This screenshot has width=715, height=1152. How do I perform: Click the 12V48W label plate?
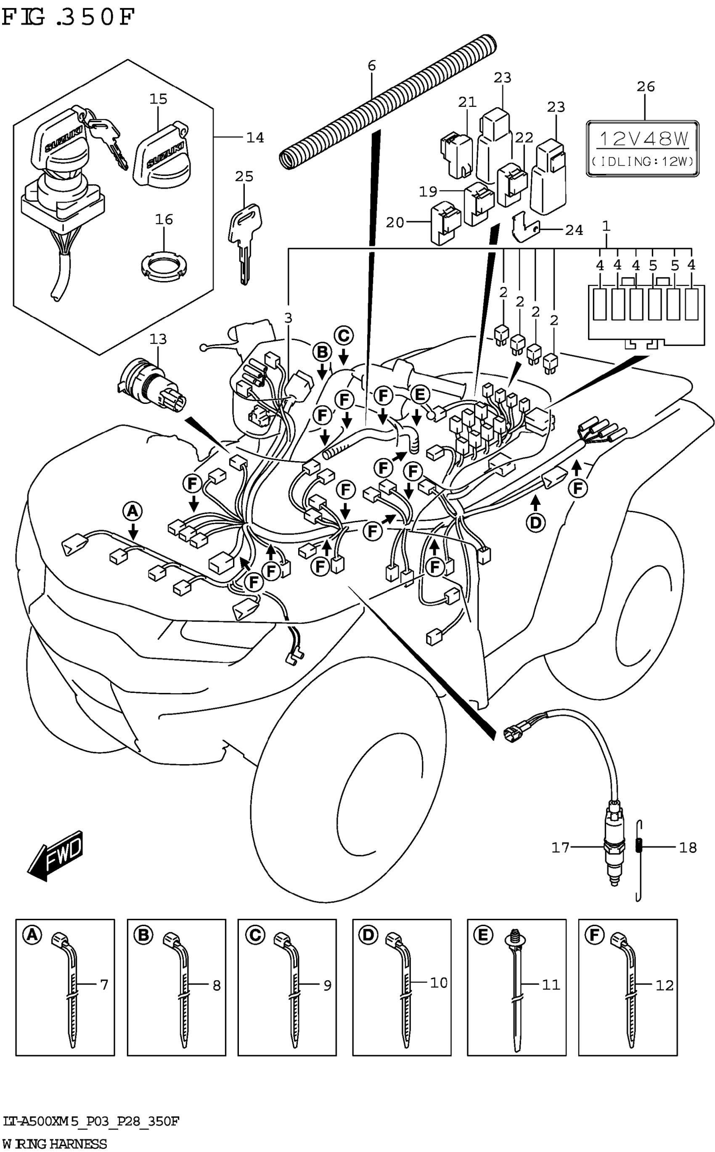(643, 149)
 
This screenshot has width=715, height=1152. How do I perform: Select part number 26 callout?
(646, 87)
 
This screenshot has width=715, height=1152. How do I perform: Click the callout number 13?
(159, 339)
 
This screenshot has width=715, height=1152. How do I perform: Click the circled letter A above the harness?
(132, 511)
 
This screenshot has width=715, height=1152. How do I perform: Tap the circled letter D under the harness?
(535, 522)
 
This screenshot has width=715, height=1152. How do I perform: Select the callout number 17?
(560, 847)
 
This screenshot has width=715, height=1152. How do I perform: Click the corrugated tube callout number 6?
(372, 65)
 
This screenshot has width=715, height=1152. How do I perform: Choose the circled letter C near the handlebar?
(344, 335)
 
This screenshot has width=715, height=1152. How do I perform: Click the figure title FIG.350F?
(69, 18)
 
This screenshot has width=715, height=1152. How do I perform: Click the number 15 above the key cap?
(159, 99)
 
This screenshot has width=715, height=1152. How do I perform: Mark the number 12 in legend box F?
(664, 985)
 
